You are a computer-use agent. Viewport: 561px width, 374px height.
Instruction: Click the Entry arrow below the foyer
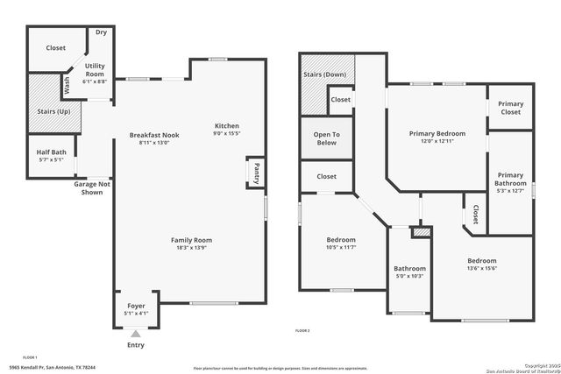(134, 334)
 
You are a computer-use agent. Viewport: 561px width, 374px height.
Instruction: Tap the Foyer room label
(136, 306)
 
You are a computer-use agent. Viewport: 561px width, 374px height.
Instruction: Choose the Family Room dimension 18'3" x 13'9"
(191, 249)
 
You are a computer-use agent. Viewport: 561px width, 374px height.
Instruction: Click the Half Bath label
(51, 152)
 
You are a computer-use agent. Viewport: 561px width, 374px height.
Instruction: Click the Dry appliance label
(102, 32)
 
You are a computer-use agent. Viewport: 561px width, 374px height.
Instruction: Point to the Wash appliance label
(67, 86)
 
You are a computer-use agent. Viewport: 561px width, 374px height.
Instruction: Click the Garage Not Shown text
(92, 187)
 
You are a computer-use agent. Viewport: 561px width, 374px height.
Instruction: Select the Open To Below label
(326, 138)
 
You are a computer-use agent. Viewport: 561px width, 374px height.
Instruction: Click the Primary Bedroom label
(437, 134)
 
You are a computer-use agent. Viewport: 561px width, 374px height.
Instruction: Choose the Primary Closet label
(510, 109)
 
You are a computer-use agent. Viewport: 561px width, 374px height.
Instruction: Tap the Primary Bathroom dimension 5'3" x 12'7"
(509, 191)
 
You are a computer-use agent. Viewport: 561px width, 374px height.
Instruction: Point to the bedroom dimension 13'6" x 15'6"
(481, 270)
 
